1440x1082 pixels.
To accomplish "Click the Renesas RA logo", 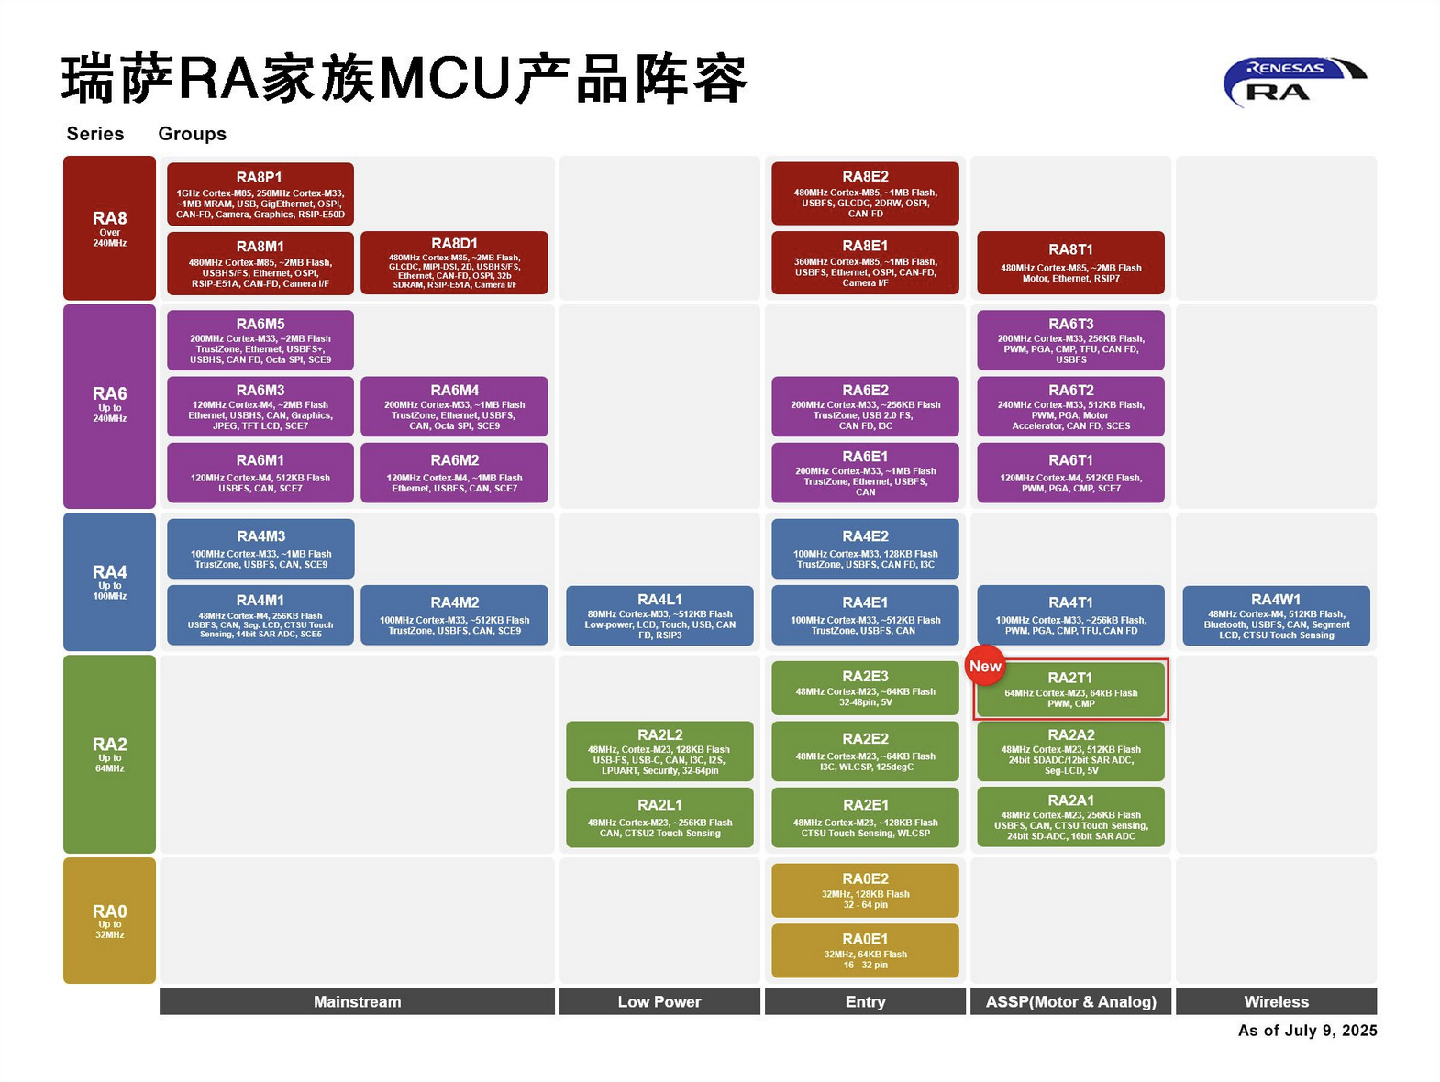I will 1293,81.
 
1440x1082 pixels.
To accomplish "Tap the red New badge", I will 985,667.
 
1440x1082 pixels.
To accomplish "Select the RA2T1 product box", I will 1071,690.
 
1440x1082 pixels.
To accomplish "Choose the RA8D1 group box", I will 454,263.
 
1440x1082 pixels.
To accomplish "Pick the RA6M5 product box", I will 260,340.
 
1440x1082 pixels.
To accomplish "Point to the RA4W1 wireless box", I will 1276,615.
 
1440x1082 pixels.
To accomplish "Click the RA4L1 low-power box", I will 659,615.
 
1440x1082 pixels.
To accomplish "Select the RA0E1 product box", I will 865,951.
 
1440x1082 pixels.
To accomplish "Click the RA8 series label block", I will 109,228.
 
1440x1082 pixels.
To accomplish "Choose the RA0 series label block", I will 109,921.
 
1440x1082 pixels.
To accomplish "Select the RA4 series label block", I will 109,581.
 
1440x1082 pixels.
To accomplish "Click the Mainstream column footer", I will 357,1002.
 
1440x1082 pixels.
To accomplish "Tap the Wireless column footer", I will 1276,1002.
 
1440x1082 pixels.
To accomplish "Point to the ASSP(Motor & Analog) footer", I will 1070,1002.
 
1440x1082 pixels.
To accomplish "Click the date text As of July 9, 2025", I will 1307,1031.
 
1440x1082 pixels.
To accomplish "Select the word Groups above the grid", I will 192,134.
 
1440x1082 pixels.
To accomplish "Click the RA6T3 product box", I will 1070,340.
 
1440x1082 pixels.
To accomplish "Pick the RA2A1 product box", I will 1070,817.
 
